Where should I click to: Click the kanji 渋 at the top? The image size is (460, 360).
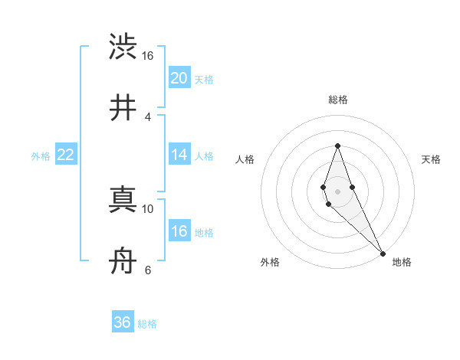[123, 47]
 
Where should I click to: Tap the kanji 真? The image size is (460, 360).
[123, 200]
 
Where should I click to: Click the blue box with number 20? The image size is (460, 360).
[179, 78]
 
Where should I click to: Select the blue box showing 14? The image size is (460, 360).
[179, 155]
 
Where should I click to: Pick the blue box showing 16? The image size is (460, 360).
[179, 231]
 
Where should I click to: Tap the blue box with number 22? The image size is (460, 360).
[66, 155]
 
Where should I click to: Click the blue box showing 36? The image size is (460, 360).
[123, 322]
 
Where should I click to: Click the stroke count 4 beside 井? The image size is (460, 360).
[148, 116]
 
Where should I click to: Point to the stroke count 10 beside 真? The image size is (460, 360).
[148, 208]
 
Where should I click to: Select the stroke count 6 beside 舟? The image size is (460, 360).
[148, 270]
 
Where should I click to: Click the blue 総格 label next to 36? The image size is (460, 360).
[147, 324]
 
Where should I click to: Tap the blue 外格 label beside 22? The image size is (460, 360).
[41, 156]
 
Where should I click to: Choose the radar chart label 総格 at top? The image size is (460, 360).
[337, 100]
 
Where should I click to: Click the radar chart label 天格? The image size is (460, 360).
[432, 159]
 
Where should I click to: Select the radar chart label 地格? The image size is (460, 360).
[402, 262]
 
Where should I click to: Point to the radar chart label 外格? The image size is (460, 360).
[270, 262]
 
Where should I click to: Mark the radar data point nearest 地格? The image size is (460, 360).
[383, 254]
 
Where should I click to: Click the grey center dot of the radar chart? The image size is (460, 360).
[337, 191]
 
